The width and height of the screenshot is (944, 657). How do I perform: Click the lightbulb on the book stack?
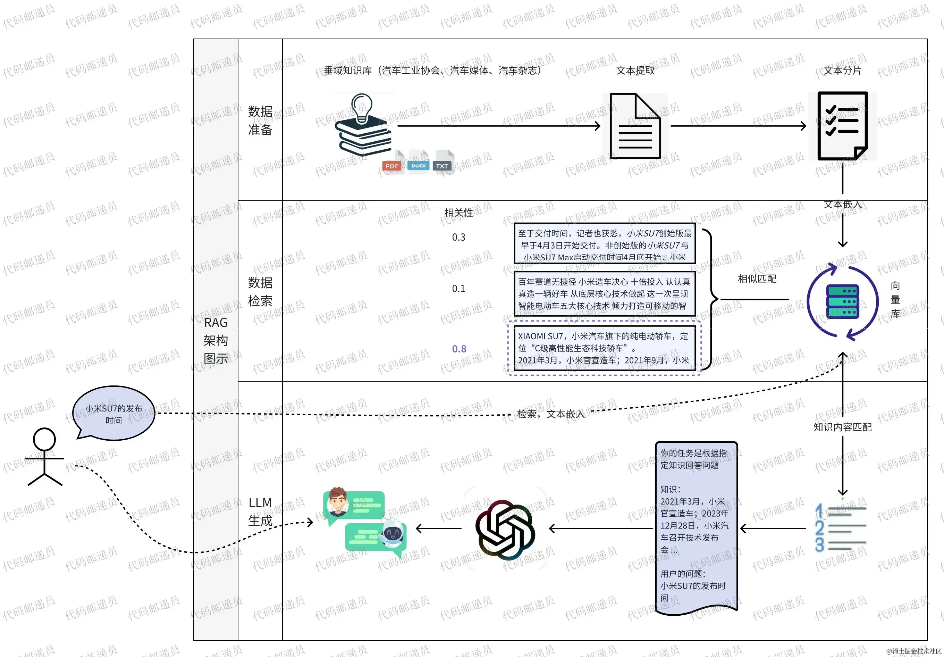point(362,108)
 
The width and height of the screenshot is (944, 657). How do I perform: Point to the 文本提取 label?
point(635,71)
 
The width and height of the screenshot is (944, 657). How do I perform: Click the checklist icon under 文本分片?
point(842,125)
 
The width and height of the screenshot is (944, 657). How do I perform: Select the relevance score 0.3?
point(458,238)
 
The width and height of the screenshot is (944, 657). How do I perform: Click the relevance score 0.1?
point(458,289)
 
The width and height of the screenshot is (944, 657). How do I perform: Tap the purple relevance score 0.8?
point(459,349)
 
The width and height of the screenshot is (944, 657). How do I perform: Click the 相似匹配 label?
point(757,279)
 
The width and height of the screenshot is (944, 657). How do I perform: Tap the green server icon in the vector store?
point(842,301)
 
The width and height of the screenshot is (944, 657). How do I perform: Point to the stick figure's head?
point(44,439)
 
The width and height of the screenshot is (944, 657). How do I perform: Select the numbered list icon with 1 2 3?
point(840,527)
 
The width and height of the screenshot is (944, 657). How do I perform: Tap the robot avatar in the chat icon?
point(392,534)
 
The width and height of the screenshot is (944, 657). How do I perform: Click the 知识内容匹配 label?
point(842,427)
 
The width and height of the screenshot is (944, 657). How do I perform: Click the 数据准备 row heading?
point(260,120)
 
